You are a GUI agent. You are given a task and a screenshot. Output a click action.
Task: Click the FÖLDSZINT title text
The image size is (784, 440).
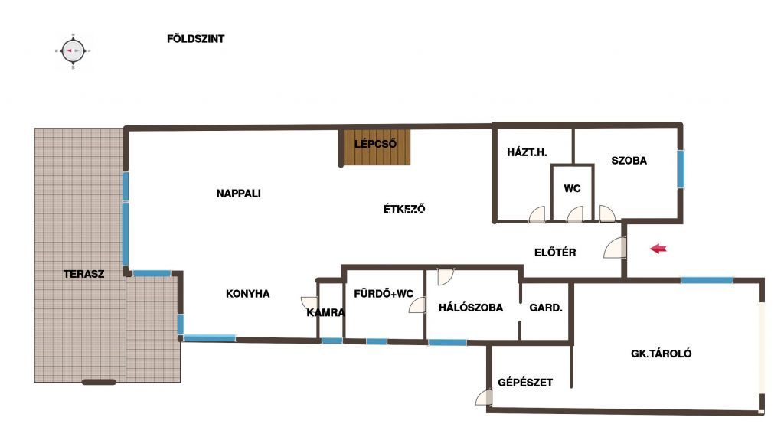click(195, 39)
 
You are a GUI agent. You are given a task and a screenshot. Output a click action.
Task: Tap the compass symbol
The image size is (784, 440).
click(73, 51)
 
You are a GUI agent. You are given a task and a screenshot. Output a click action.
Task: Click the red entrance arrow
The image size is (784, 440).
click(658, 249)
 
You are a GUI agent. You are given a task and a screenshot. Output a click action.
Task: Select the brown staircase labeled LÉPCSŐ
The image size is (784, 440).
click(375, 147)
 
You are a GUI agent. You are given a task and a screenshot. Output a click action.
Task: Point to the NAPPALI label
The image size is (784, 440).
click(239, 194)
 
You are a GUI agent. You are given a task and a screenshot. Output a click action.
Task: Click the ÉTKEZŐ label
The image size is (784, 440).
click(404, 208)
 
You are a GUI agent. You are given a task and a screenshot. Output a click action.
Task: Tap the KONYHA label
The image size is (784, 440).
click(247, 294)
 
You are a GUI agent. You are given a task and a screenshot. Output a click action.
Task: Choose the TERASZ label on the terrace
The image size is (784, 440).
click(83, 274)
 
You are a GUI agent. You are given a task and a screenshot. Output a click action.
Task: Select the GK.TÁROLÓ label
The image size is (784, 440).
click(661, 354)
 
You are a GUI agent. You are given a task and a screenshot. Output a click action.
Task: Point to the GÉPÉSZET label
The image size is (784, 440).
click(525, 383)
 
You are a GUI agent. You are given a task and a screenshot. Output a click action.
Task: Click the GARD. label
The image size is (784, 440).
click(545, 308)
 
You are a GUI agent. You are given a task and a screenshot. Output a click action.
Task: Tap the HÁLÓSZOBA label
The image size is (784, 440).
click(471, 308)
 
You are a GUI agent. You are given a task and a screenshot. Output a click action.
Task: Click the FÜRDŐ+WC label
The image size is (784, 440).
click(384, 294)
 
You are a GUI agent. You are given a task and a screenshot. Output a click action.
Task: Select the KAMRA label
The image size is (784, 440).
click(325, 313)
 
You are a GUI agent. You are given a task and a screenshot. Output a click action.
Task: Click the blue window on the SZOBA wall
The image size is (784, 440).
click(681, 169)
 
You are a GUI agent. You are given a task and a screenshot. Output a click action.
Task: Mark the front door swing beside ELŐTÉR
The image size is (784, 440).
click(615, 248)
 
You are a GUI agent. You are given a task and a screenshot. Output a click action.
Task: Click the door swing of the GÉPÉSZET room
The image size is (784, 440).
click(484, 397)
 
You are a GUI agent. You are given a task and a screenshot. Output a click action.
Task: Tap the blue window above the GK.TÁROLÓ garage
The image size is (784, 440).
click(707, 281)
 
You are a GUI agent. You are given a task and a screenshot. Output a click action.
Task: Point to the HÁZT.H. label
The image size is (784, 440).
click(527, 152)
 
